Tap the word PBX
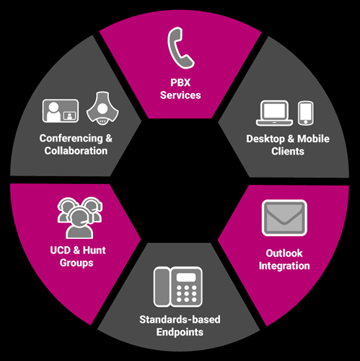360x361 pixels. pos(180,83)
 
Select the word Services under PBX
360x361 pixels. pos(180,95)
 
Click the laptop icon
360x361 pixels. pos(274,113)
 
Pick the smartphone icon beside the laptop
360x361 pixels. pos(306,113)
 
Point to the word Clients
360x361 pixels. pos(288,152)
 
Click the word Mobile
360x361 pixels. pos(313,139)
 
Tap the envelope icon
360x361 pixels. pos(284,218)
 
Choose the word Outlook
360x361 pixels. pos(284,253)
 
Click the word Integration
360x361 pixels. pos(284,266)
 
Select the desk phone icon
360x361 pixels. pos(178,287)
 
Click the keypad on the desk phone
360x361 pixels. pos(187,294)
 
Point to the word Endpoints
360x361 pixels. pos(180,332)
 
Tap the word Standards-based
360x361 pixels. pos(180,320)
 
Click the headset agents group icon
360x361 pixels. pos(79,218)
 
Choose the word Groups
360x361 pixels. pos(76,263)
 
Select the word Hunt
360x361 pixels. pos(95,251)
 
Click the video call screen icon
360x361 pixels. pos(61,110)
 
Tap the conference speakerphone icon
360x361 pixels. pos(102,108)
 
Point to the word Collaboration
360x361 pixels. pos(76,151)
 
